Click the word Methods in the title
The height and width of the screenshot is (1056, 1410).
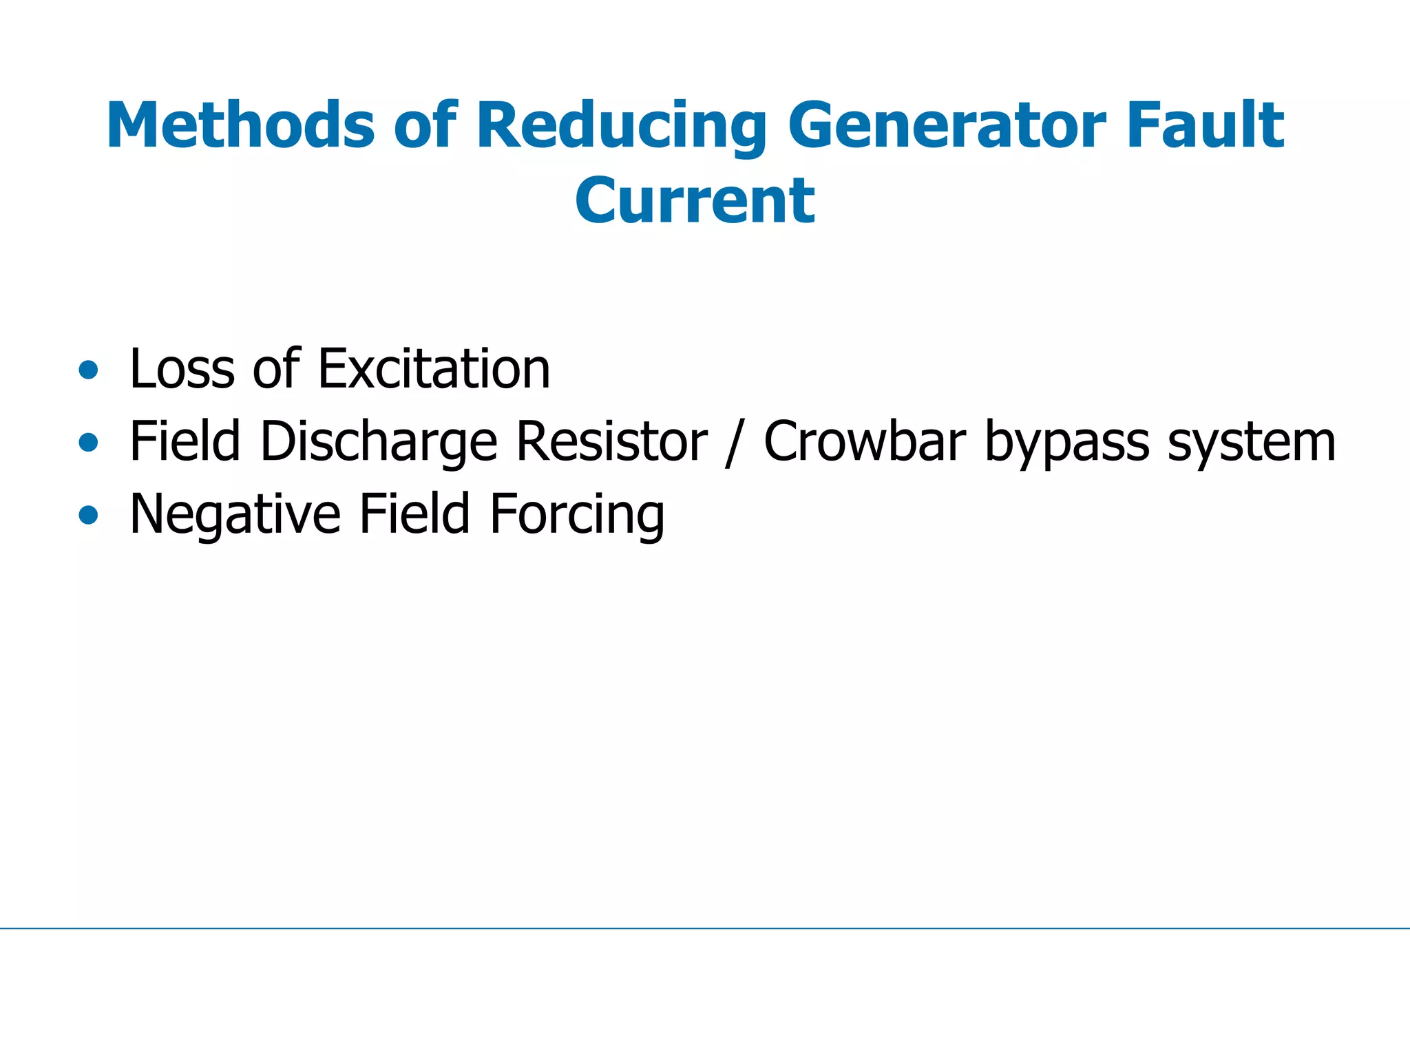(240, 125)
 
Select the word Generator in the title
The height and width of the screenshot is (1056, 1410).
(947, 125)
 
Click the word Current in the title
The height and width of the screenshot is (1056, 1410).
(695, 201)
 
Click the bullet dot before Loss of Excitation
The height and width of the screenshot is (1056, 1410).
(88, 370)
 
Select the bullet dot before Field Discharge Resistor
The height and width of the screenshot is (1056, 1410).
(88, 443)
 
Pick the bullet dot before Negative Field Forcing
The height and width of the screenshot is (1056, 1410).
(88, 515)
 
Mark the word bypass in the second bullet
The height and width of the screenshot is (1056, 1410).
(1066, 443)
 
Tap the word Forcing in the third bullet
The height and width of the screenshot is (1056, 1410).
(577, 516)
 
